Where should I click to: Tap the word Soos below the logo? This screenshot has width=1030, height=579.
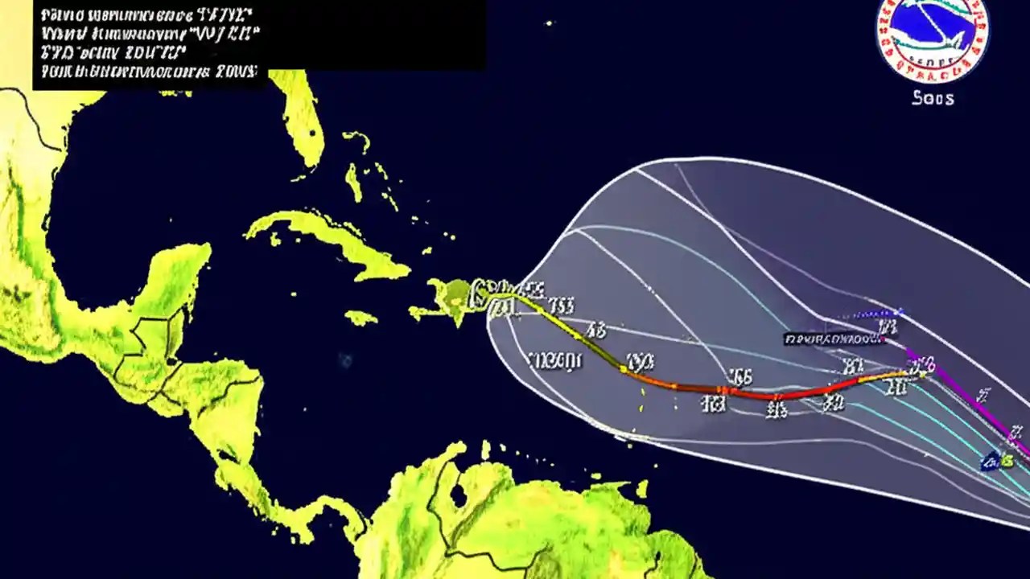click(933, 98)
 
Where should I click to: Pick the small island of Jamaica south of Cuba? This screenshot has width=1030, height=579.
click(361, 318)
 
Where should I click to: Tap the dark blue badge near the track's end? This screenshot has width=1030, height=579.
click(992, 462)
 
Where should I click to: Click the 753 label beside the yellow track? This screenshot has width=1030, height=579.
click(561, 305)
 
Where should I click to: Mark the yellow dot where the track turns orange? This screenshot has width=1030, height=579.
click(623, 368)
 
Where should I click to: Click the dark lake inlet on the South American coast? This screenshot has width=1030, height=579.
click(458, 494)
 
